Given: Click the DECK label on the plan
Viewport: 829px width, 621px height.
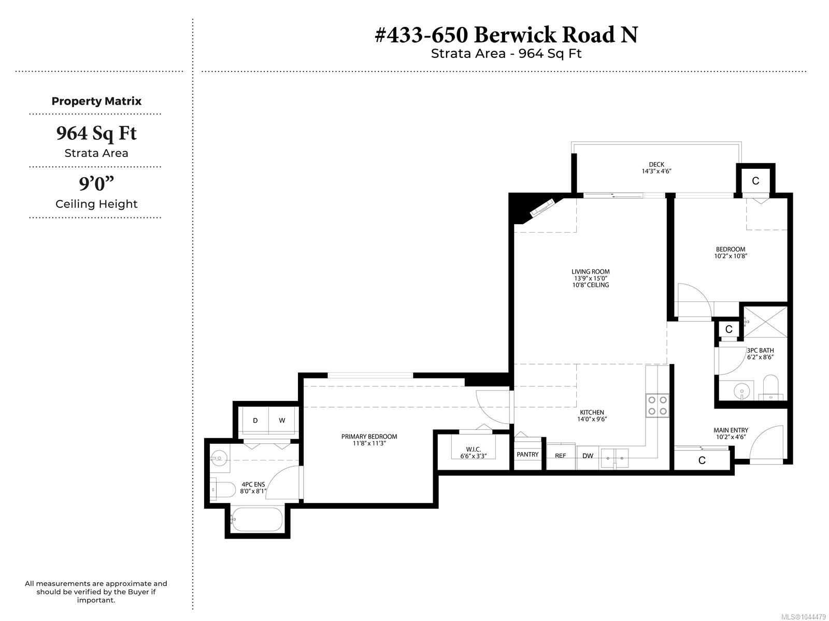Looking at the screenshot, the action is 656,164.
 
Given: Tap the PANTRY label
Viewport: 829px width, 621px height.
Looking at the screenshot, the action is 527,455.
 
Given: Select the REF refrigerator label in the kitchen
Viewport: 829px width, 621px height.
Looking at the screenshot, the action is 560,456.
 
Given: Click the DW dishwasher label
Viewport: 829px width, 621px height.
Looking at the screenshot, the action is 588,456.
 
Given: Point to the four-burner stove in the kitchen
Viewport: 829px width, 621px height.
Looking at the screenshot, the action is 658,405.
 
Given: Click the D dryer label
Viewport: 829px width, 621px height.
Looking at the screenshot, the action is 255,421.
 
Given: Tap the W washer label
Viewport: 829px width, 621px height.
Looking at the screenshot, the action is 282,421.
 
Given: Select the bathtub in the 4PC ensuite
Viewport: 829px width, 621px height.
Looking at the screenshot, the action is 256,519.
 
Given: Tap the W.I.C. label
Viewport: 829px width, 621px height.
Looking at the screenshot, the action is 473,449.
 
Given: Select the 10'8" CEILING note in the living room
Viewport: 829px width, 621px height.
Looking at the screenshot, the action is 590,285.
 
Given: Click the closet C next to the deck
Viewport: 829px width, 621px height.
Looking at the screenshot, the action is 755,181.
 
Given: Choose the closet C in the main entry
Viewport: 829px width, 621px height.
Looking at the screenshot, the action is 702,460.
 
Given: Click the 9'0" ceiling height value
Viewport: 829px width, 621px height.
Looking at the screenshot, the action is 96,184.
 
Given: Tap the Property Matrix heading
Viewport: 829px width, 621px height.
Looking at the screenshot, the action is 96,101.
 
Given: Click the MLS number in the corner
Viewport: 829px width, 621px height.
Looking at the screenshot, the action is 803,617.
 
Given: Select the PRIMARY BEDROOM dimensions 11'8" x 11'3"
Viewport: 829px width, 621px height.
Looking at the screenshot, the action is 369,443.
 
